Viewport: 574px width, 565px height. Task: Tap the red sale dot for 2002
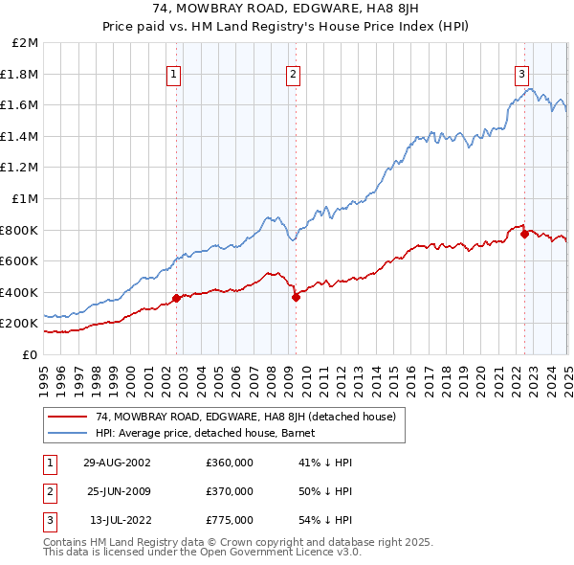pos(176,298)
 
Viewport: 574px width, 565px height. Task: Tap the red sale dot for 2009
pos(296,297)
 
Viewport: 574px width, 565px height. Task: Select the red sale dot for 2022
pos(524,234)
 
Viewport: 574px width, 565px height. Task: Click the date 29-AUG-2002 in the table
pos(117,463)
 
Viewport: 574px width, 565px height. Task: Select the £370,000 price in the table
pos(230,491)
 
